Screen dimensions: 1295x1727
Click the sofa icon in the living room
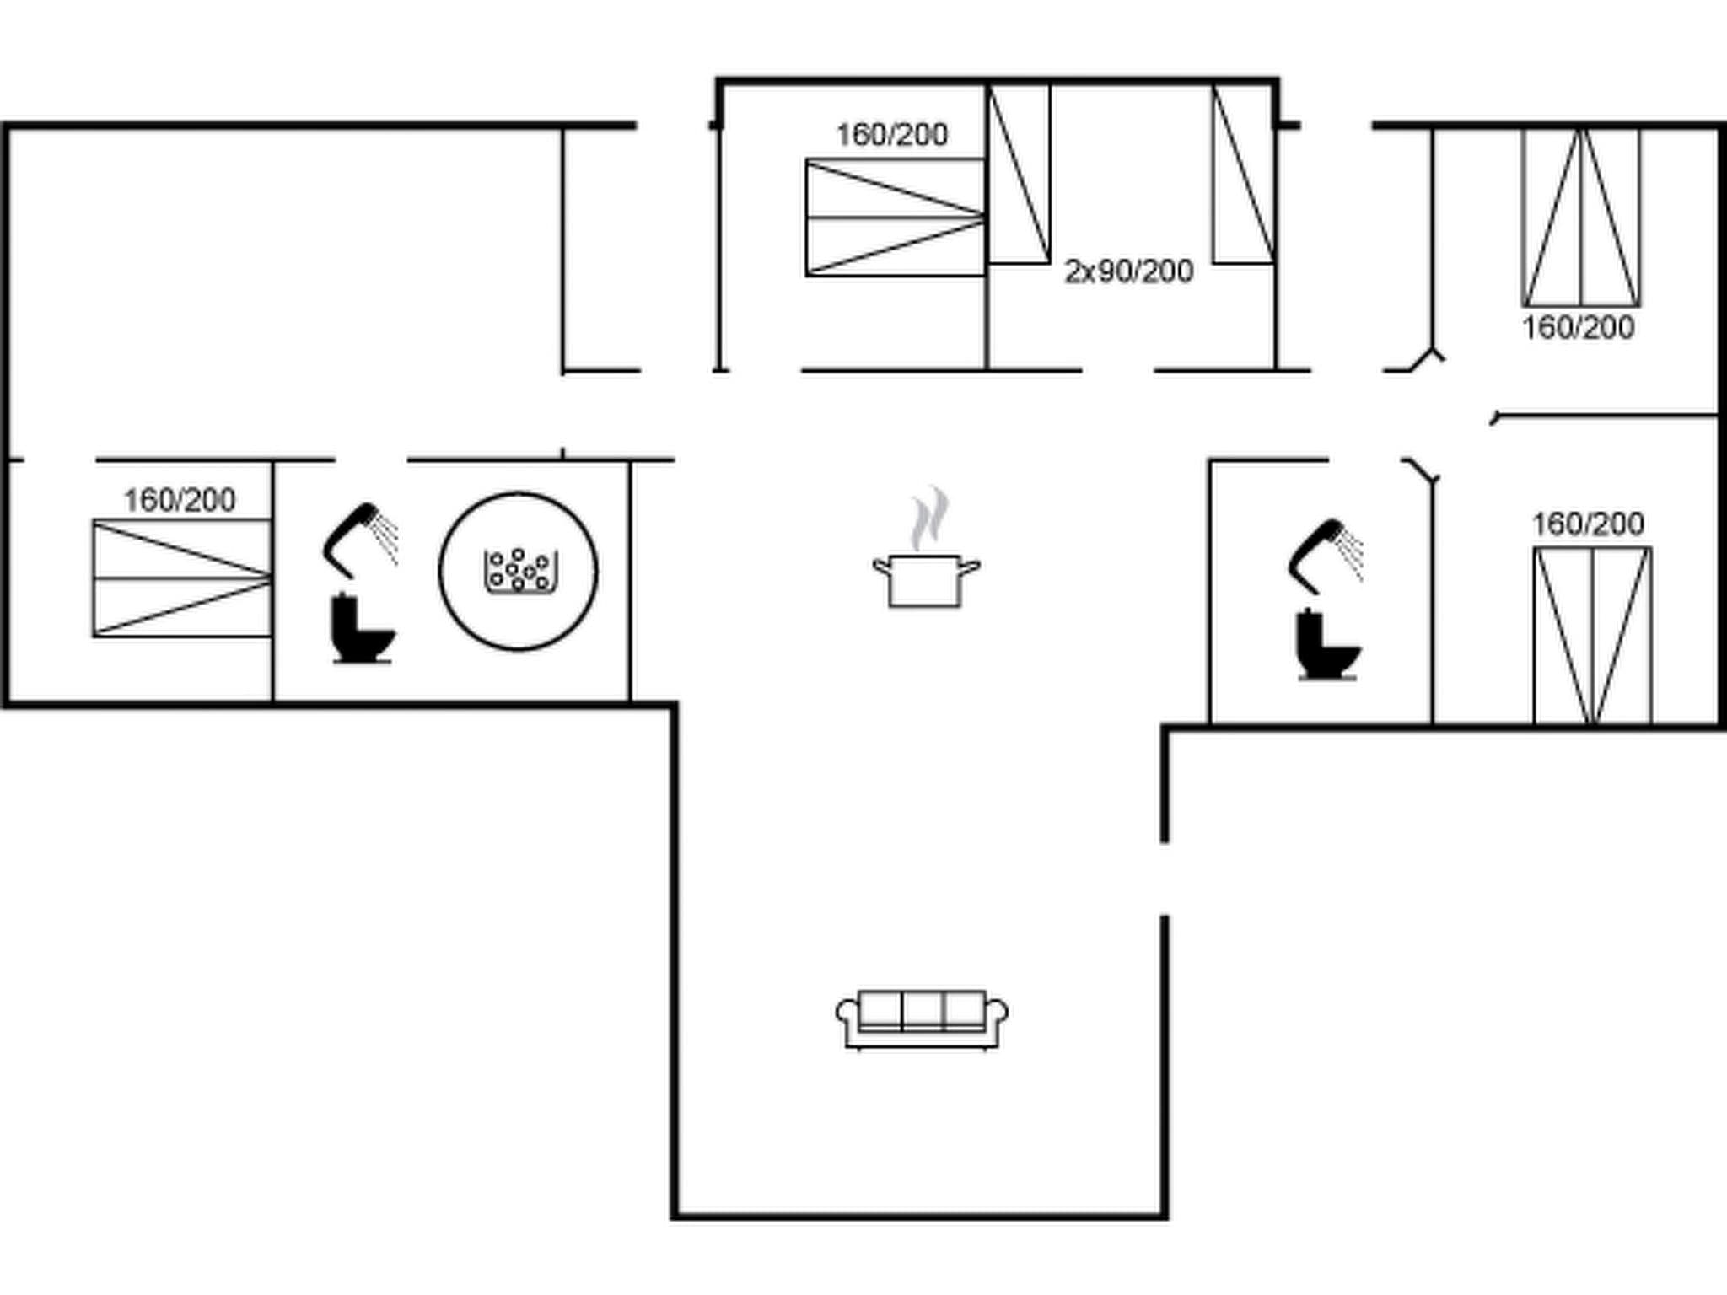(922, 1019)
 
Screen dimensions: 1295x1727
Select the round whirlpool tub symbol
(519, 572)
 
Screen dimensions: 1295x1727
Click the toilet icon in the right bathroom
(1327, 645)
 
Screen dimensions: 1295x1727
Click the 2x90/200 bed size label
(1128, 271)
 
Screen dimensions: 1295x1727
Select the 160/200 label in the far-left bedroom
(180, 501)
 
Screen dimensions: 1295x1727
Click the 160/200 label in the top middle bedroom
(891, 135)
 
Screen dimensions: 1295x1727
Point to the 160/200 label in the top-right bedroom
(1578, 328)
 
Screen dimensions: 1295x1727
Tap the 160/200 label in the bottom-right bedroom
(1587, 524)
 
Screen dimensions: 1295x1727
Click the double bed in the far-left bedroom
(181, 578)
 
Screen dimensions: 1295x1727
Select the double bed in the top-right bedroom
(1581, 218)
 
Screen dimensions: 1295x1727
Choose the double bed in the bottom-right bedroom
(1592, 635)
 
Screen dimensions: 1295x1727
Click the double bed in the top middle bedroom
(895, 218)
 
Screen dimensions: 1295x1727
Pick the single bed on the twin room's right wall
(1244, 174)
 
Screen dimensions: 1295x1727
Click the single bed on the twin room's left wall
(1019, 174)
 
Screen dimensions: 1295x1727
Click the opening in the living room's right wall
(1165, 879)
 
